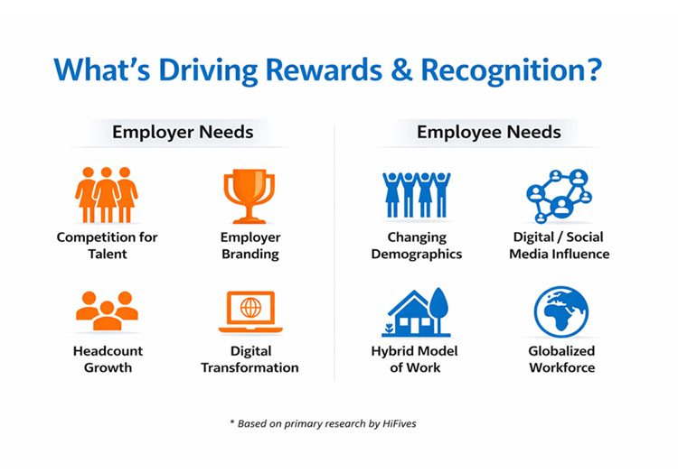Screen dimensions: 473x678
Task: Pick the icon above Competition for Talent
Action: click(107, 194)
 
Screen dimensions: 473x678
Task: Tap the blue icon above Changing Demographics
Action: click(416, 194)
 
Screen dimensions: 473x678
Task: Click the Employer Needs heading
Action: click(183, 133)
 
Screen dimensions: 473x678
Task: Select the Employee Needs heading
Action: click(488, 133)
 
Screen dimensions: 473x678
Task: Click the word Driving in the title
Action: click(212, 70)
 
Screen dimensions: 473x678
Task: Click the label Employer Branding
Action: click(250, 246)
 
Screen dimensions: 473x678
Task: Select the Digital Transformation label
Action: click(250, 359)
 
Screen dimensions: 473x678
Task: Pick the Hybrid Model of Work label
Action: click(416, 359)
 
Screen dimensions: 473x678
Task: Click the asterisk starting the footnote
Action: click(231, 422)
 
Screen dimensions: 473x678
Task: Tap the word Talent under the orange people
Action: click(107, 255)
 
